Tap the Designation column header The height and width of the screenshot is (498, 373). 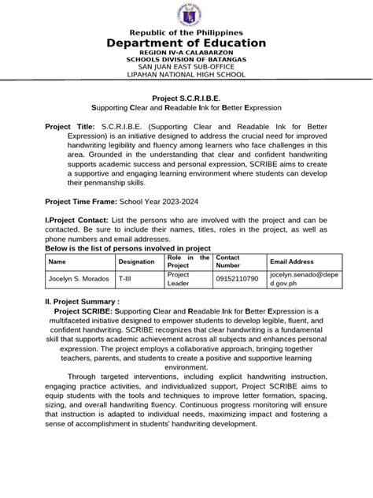[136, 261]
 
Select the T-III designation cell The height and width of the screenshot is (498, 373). [125, 280]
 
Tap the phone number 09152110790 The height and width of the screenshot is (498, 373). [238, 280]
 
